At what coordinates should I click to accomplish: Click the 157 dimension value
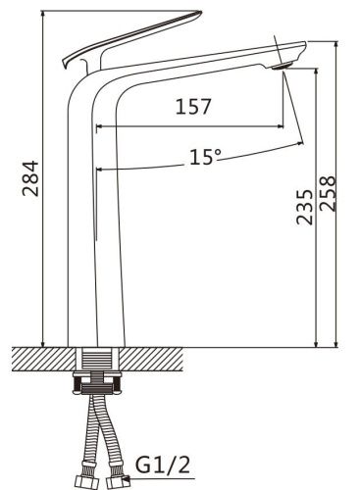click(x=193, y=106)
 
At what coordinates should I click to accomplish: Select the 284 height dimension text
click(x=30, y=178)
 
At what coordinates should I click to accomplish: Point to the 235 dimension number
click(x=304, y=207)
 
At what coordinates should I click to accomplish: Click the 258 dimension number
click(x=328, y=193)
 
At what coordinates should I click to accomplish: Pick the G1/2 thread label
click(x=162, y=465)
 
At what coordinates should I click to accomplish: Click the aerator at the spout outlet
click(x=281, y=66)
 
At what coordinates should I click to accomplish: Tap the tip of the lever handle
click(x=199, y=13)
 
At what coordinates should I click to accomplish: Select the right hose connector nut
click(x=116, y=482)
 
